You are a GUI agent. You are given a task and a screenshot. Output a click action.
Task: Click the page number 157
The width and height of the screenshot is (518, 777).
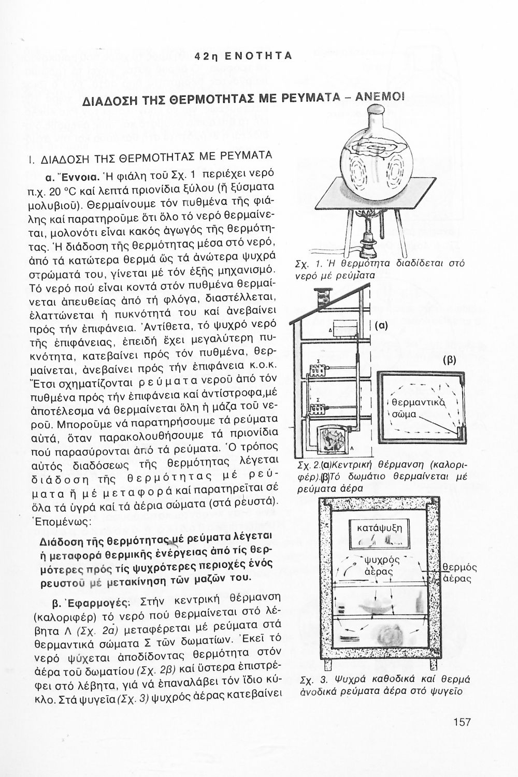point(460,721)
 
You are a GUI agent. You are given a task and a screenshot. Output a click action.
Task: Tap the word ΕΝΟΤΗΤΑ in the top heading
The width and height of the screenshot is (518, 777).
point(264,55)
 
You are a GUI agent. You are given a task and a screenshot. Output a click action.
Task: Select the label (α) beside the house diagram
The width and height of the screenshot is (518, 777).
point(382,326)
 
